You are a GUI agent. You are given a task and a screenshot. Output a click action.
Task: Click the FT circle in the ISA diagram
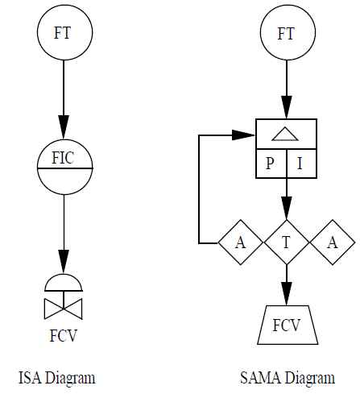[64, 33]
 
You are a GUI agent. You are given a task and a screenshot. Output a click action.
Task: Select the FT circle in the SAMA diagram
[286, 33]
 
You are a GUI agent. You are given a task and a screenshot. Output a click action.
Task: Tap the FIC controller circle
[64, 167]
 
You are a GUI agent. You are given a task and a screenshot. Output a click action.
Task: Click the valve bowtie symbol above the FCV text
[64, 309]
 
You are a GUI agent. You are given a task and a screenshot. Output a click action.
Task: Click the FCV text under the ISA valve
[64, 335]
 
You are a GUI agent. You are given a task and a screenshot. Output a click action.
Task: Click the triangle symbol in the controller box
[286, 135]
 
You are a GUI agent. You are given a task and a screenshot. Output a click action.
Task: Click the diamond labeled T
[286, 242]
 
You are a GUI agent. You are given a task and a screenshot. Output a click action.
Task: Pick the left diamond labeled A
[241, 242]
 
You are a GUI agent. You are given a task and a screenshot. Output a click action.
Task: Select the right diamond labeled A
[331, 242]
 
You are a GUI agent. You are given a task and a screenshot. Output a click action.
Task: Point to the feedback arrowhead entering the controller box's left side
[246, 135]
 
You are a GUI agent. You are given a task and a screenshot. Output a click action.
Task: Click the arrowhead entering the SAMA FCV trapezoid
[286, 297]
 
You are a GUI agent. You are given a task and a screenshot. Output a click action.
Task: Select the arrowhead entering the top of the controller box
[286, 110]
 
